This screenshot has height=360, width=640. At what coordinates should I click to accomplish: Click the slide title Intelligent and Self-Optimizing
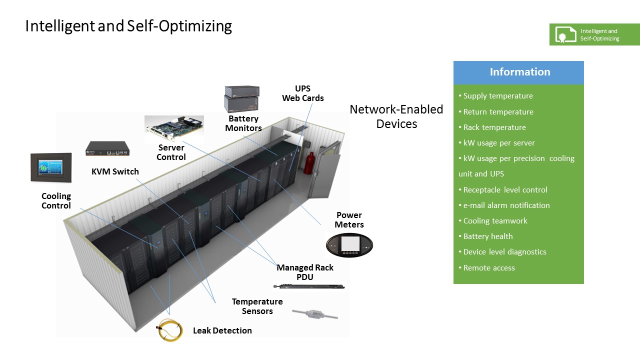point(128,26)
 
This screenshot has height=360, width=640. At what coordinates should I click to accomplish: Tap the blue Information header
point(518,72)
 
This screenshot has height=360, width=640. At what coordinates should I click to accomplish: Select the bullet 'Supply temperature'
point(498,96)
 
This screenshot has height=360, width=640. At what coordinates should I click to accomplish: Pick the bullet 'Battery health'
point(488,236)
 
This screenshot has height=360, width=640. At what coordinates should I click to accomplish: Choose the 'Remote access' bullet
point(489,268)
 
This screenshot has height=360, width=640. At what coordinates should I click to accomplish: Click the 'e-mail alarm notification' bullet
point(506,205)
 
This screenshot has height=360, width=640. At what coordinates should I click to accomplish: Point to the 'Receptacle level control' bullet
point(505,190)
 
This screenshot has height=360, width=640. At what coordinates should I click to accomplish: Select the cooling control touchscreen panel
point(51,167)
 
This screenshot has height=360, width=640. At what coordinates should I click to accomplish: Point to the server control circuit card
point(174,129)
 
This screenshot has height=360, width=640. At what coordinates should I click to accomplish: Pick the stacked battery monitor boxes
point(242,99)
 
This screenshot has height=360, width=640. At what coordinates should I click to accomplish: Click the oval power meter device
point(349,245)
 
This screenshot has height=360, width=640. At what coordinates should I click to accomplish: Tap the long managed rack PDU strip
point(309,286)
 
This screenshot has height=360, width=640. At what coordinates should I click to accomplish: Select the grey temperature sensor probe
point(314,313)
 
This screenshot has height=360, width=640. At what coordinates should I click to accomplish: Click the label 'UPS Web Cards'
point(302,93)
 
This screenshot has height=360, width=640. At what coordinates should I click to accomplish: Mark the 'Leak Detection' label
point(222,330)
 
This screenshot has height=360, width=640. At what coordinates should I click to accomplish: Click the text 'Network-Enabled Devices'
point(396,116)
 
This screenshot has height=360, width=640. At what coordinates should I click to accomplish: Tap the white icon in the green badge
point(565,34)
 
